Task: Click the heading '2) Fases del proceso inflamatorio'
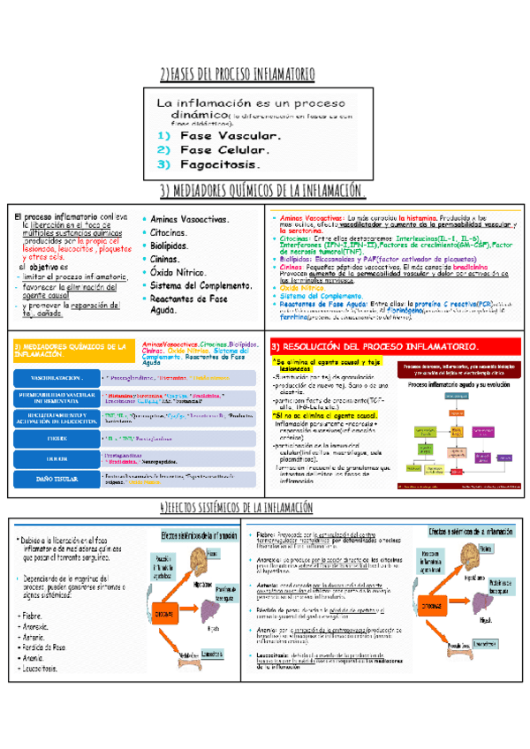(x=264, y=73)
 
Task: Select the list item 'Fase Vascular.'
(x=230, y=136)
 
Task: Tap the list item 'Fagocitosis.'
(x=221, y=164)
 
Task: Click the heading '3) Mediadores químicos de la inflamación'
(x=264, y=192)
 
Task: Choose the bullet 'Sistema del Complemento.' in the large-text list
(x=202, y=286)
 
